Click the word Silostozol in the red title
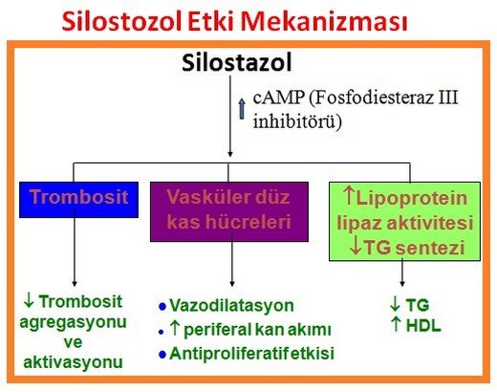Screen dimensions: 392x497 tap(119, 21)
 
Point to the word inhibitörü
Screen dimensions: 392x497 tap(291, 121)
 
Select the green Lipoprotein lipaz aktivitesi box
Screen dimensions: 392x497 tap(405, 221)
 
